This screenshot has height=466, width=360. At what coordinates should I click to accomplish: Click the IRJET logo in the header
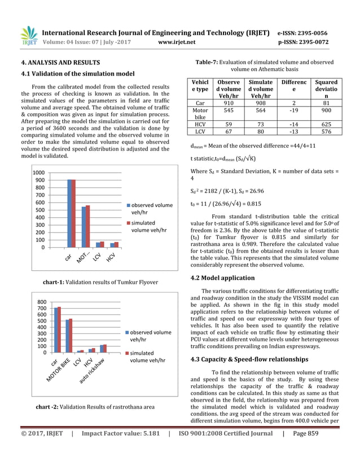[29, 36]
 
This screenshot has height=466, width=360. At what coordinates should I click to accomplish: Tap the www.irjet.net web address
[177, 42]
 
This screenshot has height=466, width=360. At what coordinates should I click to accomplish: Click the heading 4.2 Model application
[223, 278]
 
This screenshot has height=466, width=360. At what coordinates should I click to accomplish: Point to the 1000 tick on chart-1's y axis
[38, 173]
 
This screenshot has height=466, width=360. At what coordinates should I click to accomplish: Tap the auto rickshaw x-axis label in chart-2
[91, 373]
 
